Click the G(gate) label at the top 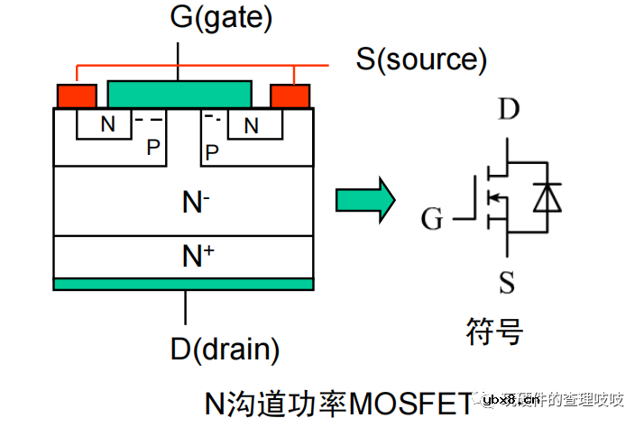point(221,18)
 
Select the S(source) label point(421,59)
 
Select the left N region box point(107,125)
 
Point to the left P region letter point(152,149)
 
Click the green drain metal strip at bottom point(184,284)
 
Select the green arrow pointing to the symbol point(365,199)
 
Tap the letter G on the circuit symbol point(433,219)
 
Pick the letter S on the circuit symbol point(507,283)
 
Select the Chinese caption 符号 point(495,331)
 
